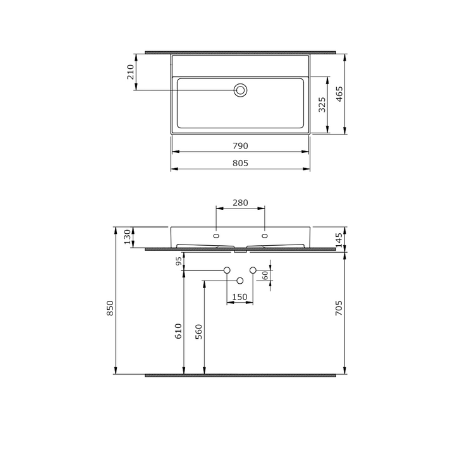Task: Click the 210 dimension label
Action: click(x=130, y=72)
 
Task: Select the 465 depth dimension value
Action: click(x=339, y=95)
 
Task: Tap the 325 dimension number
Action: click(x=322, y=104)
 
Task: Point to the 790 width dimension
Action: click(x=241, y=145)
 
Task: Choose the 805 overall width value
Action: click(x=241, y=163)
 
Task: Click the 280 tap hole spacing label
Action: click(x=240, y=203)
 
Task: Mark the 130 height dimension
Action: click(x=126, y=237)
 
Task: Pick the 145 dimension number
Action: click(x=339, y=240)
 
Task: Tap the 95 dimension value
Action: click(x=179, y=261)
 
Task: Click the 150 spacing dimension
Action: click(x=240, y=297)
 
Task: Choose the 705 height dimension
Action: click(x=339, y=308)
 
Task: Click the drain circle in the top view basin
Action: click(x=240, y=90)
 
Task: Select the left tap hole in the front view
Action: click(x=217, y=236)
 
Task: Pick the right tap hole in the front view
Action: click(x=264, y=236)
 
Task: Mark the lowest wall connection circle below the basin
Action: click(x=240, y=280)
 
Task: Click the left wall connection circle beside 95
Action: click(x=226, y=270)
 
